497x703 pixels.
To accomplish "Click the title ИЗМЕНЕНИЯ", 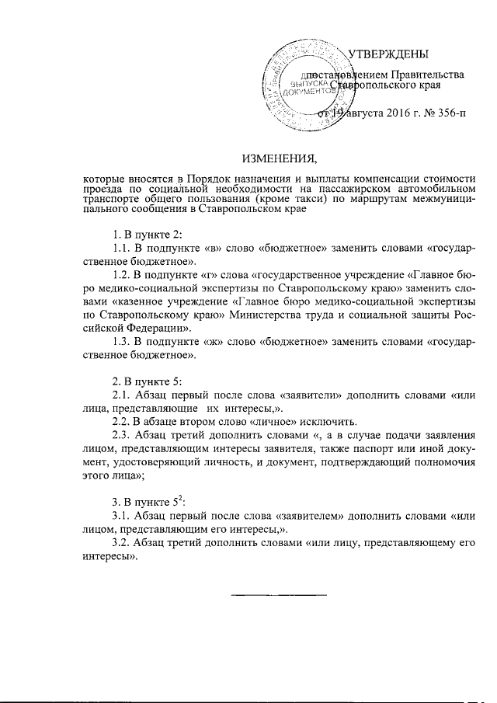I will (x=280, y=160).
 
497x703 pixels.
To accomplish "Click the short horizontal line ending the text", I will (x=280, y=595).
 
